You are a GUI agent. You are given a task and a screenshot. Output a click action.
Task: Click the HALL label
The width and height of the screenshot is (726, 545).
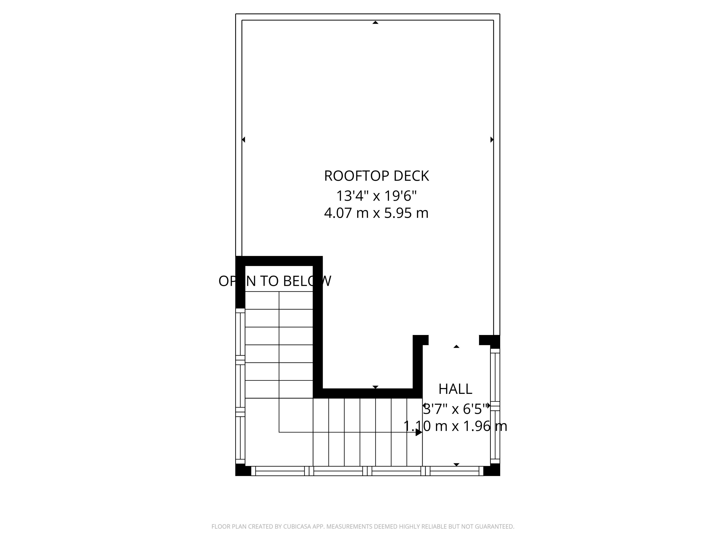click(x=455, y=389)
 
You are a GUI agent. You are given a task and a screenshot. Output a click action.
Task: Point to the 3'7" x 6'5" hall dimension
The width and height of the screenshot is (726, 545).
click(x=455, y=409)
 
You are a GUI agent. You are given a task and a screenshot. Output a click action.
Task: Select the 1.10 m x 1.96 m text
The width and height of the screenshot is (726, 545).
click(x=455, y=426)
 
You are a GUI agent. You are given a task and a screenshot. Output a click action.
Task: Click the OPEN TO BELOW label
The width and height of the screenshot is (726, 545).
click(x=275, y=281)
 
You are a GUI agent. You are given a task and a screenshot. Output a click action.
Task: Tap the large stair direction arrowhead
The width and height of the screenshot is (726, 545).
click(x=418, y=432)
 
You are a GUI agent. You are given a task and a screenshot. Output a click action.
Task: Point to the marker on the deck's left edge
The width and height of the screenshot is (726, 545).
click(x=243, y=140)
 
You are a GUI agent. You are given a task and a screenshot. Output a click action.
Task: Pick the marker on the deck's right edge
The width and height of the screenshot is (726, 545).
click(x=492, y=140)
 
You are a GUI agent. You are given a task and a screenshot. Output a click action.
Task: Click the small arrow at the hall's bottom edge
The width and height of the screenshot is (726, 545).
click(x=456, y=464)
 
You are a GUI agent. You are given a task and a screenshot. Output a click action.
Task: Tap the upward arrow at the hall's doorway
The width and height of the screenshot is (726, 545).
click(x=456, y=347)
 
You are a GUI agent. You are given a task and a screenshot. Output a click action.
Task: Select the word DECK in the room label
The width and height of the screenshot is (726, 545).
click(x=411, y=176)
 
